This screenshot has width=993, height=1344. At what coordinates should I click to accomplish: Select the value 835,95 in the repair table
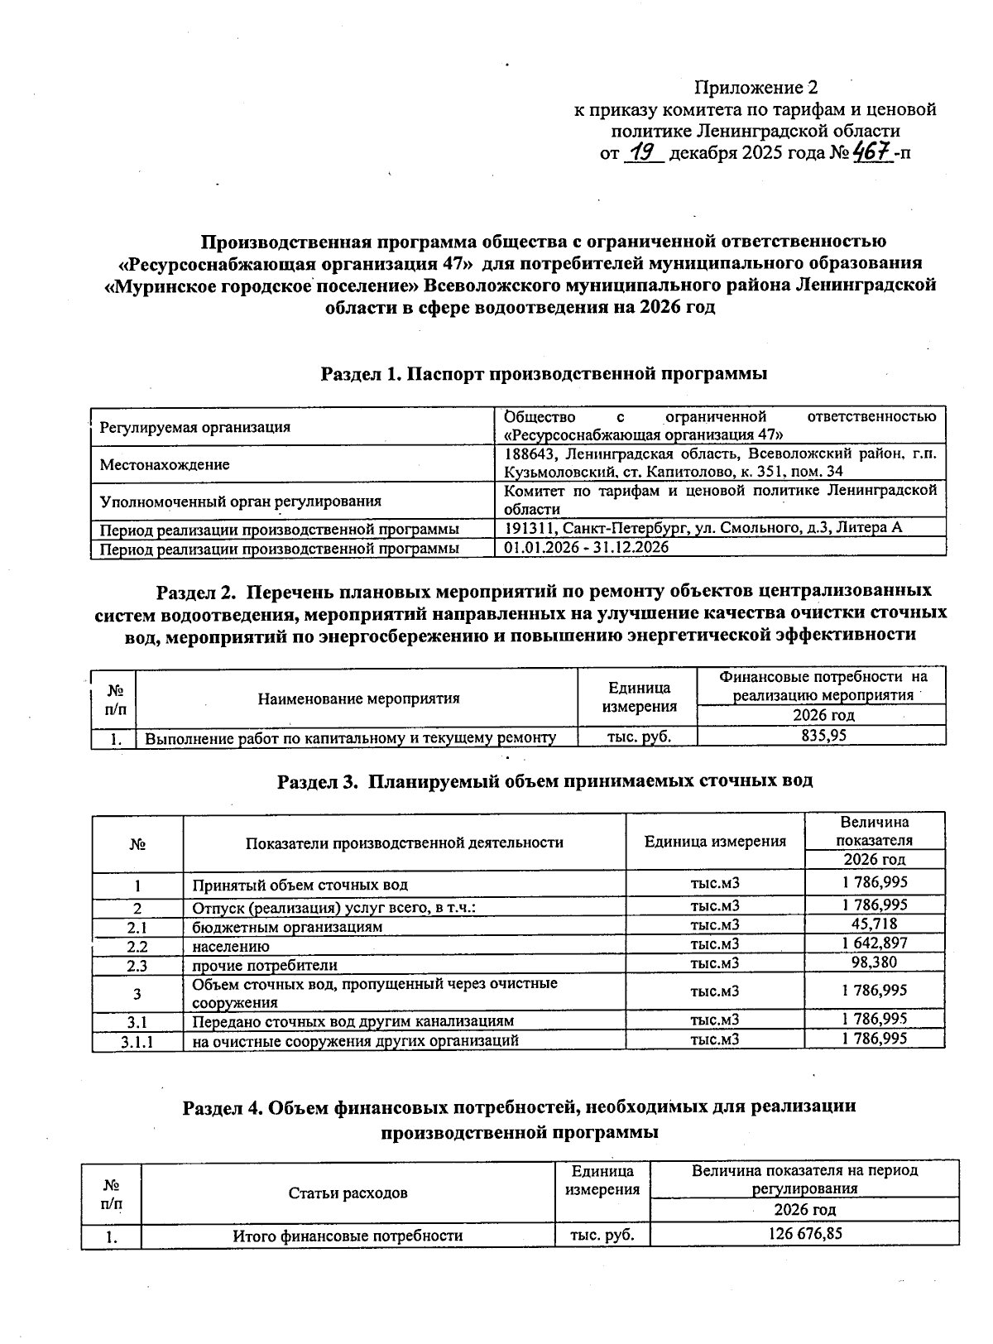(820, 735)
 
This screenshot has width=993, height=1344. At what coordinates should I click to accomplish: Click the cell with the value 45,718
(874, 924)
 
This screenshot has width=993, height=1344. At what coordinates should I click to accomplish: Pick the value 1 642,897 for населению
(874, 943)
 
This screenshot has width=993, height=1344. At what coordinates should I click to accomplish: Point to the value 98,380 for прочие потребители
(874, 962)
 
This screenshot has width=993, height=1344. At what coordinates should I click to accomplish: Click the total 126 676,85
(804, 1233)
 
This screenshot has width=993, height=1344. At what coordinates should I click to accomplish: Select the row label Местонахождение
(165, 465)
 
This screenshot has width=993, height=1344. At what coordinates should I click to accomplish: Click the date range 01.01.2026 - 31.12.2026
(587, 548)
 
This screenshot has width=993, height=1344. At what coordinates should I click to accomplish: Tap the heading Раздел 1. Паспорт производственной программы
(544, 374)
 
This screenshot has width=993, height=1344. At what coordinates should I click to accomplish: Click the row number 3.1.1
(137, 1042)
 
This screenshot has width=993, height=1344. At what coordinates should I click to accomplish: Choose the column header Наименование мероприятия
(358, 698)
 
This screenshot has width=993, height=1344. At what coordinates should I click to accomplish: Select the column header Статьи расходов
(348, 1193)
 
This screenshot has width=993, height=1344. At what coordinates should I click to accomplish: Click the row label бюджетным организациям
(287, 927)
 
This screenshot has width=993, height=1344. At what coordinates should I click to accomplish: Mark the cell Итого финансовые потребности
(347, 1236)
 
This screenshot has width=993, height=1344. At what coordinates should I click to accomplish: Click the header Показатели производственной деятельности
(404, 842)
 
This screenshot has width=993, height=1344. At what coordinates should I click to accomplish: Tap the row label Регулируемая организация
(194, 428)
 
